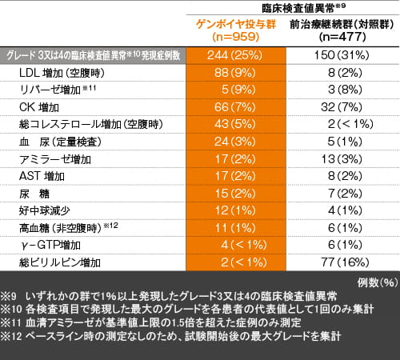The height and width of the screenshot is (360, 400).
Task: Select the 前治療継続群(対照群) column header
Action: coord(338,30)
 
